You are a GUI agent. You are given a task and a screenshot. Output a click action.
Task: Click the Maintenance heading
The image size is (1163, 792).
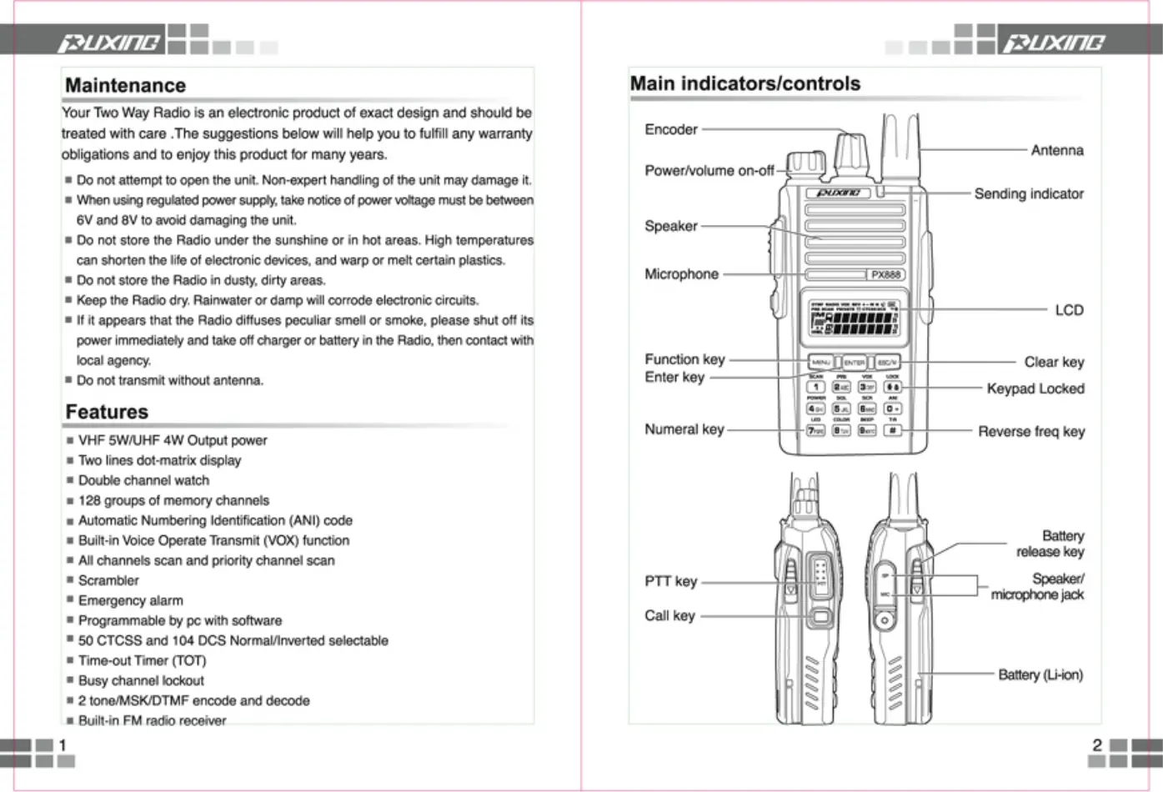[x=125, y=85]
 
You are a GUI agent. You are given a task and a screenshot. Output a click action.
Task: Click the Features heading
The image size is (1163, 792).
[x=107, y=412]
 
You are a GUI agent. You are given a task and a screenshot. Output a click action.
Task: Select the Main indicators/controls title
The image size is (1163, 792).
[x=744, y=83]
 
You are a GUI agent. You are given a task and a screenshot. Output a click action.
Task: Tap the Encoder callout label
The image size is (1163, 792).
[x=671, y=129]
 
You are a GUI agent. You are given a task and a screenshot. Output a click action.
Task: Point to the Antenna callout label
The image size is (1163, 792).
[x=1057, y=150]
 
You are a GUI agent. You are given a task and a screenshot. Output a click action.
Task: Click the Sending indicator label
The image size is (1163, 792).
[x=1029, y=193]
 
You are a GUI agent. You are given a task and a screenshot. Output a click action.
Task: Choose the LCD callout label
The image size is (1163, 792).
[x=1069, y=310]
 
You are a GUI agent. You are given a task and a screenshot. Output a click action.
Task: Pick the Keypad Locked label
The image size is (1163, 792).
[x=1035, y=388]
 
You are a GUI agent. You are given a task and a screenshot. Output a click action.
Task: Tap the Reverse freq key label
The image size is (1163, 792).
[x=1031, y=431]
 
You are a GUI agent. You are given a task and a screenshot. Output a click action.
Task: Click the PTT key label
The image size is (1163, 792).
[x=670, y=581]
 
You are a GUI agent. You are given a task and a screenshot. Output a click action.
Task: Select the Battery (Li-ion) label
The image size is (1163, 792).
[x=1040, y=674]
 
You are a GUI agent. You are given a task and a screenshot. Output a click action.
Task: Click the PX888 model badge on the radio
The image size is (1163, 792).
[x=885, y=274]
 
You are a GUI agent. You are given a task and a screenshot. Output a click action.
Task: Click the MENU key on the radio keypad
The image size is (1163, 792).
[x=821, y=363]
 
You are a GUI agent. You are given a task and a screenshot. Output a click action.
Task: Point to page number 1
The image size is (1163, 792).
[x=63, y=744]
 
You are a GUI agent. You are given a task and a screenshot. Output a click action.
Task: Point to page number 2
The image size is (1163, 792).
[x=1097, y=744]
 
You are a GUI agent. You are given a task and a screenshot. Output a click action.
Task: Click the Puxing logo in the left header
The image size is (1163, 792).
[x=108, y=42]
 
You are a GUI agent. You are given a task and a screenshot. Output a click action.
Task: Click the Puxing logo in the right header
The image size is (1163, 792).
[x=1054, y=42]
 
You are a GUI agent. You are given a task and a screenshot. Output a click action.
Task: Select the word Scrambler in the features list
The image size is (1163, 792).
[x=108, y=580]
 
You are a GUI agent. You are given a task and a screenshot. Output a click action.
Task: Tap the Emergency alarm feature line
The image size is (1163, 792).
[x=130, y=600]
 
